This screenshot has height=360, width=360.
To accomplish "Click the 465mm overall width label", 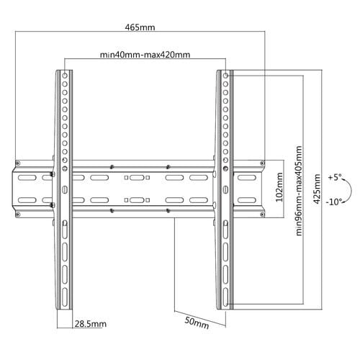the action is coord(140,27).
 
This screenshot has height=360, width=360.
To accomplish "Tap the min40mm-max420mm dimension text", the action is coord(145,55).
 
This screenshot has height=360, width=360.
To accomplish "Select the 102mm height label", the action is coord(279,187).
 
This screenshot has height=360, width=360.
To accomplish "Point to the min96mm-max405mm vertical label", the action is coord(299,191).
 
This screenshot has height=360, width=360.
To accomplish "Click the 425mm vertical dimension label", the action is coord(317,189).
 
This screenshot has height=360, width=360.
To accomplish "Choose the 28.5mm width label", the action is coord(91,324).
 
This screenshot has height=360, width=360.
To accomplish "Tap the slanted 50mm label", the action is coord(197,323).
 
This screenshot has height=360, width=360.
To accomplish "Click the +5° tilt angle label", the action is coord(335,178).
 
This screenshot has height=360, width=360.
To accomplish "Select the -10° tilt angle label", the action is coord(333,202).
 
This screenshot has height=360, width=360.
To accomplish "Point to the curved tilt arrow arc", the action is coord(351,189).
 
